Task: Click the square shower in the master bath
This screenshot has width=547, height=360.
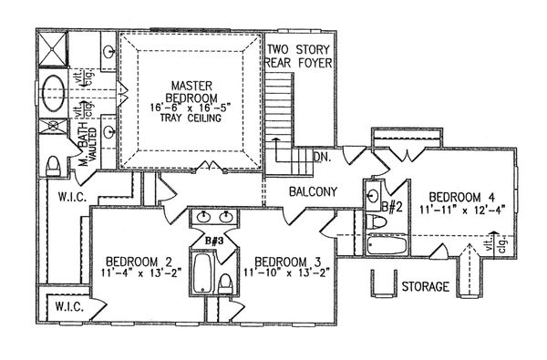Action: point(54,53)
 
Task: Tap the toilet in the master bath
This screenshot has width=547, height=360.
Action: point(54,165)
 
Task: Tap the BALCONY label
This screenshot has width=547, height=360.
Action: point(314,192)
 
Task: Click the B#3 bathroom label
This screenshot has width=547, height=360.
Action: point(214,241)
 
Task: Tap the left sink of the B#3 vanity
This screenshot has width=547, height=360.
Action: point(201,218)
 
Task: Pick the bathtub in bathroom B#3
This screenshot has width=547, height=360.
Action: point(201,271)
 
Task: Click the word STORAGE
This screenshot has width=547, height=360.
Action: point(425,287)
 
